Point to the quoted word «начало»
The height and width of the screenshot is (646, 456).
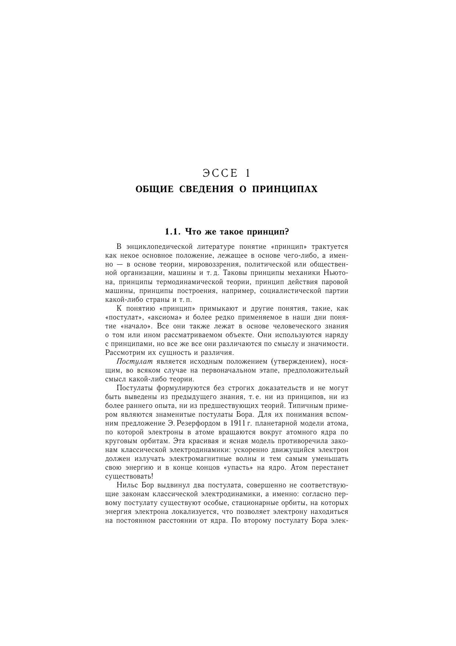pos(136,326)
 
